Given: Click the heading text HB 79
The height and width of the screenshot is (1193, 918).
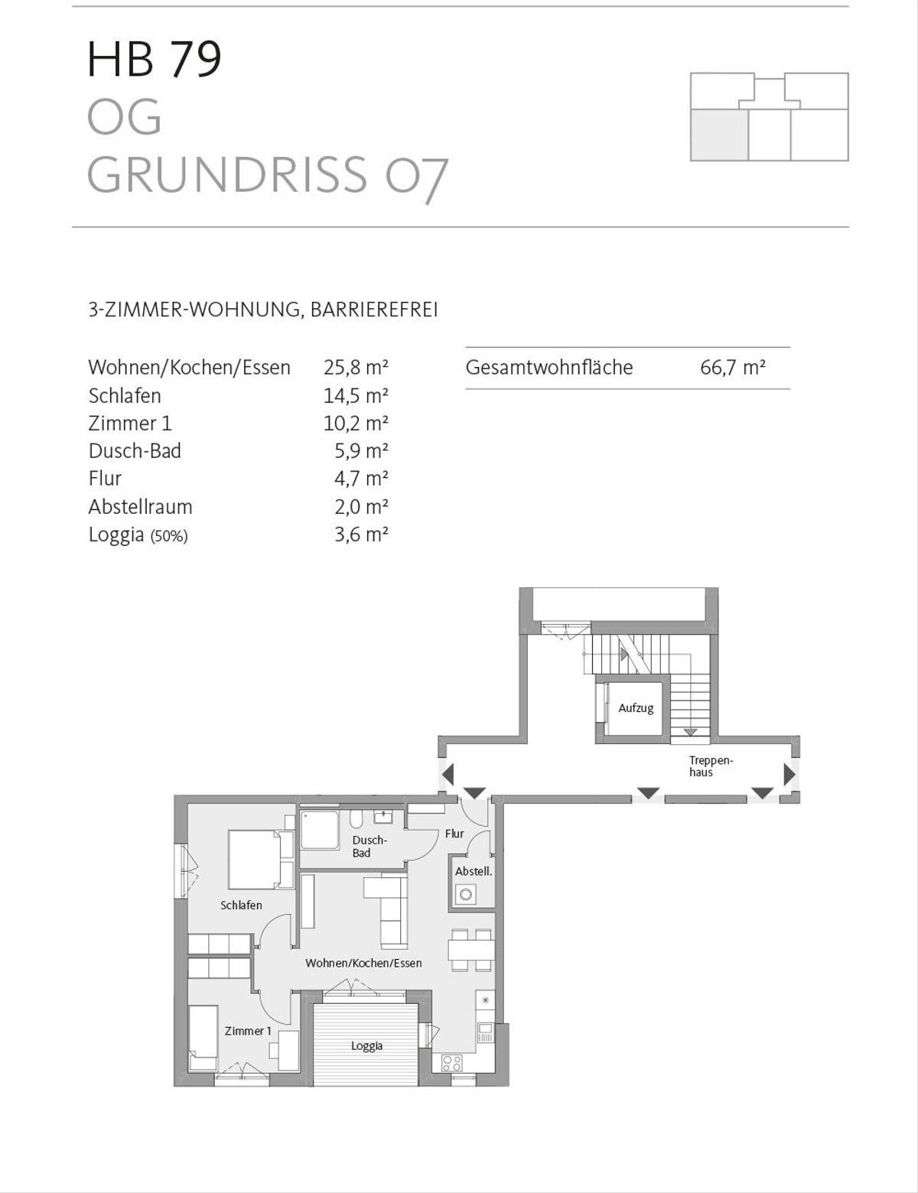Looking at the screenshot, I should point(155,60).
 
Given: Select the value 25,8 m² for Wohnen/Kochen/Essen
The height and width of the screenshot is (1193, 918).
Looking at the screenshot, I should point(356,368).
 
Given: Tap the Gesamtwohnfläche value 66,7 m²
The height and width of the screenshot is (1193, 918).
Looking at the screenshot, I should point(732,368).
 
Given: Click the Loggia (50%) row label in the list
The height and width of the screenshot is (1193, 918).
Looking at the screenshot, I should point(138,535).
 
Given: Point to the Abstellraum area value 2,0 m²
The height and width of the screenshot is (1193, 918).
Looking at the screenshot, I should point(361,507).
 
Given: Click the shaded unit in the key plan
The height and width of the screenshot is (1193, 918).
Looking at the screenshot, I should point(718,135).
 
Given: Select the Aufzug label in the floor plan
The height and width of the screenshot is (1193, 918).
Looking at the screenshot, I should point(636,709).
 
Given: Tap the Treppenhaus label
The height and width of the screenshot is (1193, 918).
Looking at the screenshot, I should point(711,766).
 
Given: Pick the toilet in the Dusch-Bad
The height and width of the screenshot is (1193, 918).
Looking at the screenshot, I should point(356,821).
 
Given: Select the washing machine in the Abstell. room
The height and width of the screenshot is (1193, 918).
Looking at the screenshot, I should point(464,893).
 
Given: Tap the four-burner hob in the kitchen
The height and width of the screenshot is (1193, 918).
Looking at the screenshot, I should point(451,1063).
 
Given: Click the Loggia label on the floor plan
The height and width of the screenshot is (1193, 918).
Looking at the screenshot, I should point(366,1046).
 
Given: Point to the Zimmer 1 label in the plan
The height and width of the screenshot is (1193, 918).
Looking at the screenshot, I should point(248,1031).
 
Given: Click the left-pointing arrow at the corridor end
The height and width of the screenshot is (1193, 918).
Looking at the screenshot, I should point(448,774).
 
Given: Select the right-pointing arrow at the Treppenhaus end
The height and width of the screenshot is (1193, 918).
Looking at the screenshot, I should point(789,774).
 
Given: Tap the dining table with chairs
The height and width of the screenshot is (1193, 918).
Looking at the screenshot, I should point(471,949).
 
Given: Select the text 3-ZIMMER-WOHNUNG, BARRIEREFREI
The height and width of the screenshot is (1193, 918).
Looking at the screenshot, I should point(263,310).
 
